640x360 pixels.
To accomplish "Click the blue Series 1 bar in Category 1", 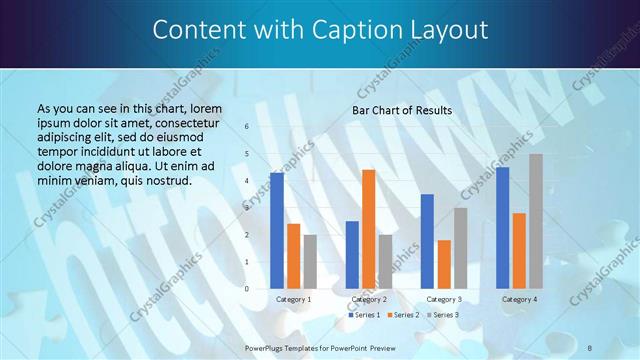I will click(x=277, y=231).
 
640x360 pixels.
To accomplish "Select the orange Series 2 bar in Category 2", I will click(x=368, y=229).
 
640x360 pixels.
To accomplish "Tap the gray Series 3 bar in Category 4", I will click(x=536, y=221).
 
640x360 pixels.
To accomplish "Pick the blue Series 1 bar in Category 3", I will click(x=427, y=241).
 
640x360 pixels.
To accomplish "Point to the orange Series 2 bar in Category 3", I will click(x=444, y=264).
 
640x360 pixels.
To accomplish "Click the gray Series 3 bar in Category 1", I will click(x=310, y=262).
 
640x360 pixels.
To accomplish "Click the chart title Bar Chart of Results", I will click(x=402, y=110).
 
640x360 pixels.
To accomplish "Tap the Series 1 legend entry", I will click(x=363, y=315).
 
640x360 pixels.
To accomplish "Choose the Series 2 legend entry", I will click(x=401, y=315).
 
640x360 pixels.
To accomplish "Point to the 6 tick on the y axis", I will click(x=246, y=127).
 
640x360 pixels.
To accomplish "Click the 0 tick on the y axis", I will click(x=246, y=289).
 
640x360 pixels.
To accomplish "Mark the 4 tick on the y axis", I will click(x=246, y=181).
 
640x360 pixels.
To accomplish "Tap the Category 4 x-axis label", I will click(x=519, y=299).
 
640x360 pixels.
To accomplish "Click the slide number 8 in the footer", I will click(x=590, y=347).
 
